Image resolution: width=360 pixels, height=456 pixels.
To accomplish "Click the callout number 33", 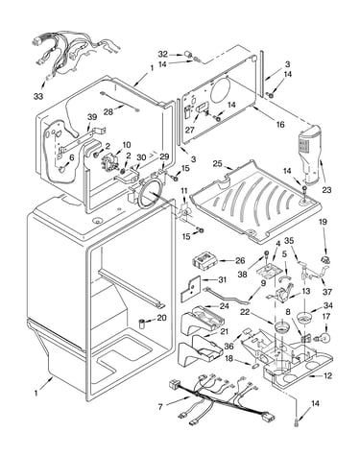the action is (38, 96).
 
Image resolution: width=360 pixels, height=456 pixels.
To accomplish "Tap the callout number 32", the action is (163, 54).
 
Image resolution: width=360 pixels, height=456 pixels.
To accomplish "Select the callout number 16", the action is (280, 124).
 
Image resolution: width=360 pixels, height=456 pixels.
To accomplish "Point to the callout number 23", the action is (326, 190).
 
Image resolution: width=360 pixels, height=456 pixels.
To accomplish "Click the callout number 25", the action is (217, 164).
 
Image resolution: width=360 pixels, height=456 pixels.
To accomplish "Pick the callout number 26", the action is (240, 260).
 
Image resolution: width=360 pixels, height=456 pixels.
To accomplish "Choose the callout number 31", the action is (222, 279).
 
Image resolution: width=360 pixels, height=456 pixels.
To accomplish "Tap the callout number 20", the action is (162, 318).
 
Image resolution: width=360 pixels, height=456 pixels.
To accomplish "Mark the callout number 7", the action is (160, 407).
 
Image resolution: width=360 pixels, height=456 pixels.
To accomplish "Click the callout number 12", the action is (327, 376).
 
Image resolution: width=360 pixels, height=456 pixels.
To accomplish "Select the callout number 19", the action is (323, 222).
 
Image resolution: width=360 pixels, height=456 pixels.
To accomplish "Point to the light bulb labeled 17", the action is (324, 337).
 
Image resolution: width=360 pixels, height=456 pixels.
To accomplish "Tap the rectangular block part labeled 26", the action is (204, 260).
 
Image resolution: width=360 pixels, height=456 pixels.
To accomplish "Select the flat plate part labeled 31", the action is (191, 289).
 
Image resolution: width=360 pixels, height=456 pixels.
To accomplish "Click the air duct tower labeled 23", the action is (309, 154).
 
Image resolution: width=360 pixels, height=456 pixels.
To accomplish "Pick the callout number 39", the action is (92, 117).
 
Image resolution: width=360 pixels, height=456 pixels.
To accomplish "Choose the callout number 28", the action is (108, 111).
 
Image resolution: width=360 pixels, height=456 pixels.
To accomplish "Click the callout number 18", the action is (228, 358).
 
